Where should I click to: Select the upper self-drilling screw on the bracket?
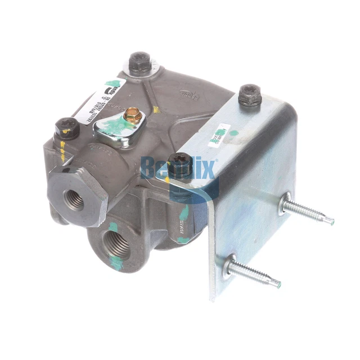pos(307,210)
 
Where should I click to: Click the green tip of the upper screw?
pos(331,222)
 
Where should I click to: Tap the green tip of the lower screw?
pos(278,282)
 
